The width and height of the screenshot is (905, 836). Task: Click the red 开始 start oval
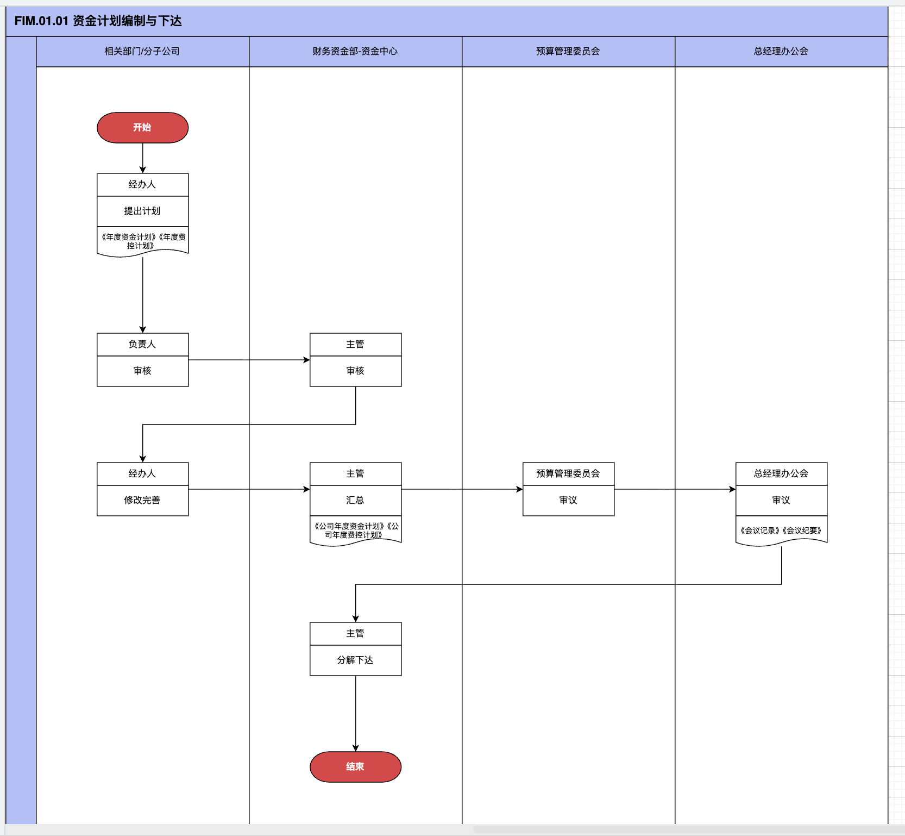[x=142, y=128]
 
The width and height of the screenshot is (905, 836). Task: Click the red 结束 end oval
[x=355, y=766]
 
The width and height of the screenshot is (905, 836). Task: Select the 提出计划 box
[x=142, y=211]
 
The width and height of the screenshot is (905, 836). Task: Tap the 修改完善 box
[x=142, y=500]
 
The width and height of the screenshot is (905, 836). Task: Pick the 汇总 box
[x=355, y=500]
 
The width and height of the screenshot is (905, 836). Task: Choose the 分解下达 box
[x=355, y=660]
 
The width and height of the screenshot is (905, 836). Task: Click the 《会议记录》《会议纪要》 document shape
[x=781, y=531]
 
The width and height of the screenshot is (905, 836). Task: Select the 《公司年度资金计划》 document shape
[x=355, y=531]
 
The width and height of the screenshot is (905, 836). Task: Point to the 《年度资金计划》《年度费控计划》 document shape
[x=142, y=241]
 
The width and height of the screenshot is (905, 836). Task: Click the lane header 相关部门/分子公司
[x=142, y=51]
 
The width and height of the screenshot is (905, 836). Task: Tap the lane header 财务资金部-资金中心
[x=355, y=51]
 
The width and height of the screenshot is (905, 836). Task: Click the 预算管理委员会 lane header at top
[x=568, y=51]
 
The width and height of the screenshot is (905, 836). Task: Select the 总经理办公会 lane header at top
[x=781, y=51]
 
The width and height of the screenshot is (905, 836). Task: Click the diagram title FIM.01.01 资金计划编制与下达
[x=98, y=21]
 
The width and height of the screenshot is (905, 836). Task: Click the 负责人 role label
[x=142, y=344]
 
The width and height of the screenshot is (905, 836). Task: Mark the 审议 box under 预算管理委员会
[x=568, y=500]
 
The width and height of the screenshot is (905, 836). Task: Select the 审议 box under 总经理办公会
[x=781, y=500]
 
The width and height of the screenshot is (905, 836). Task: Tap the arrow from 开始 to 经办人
[x=142, y=158]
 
